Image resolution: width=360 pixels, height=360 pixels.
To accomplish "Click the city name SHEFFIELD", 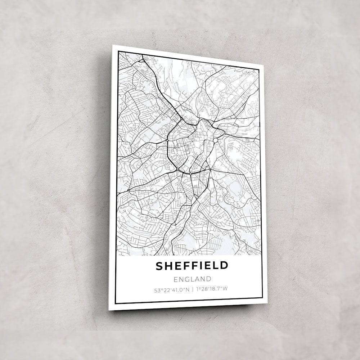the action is [x=192, y=266].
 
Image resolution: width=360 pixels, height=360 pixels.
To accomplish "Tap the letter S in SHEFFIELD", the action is [x=159, y=266].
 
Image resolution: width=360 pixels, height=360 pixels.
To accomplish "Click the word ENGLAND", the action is [x=192, y=279].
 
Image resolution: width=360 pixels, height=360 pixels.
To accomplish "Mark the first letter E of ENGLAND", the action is [x=175, y=279].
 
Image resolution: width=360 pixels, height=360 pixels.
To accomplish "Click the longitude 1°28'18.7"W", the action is [x=212, y=288].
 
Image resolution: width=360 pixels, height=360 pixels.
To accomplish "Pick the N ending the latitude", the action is [x=188, y=288].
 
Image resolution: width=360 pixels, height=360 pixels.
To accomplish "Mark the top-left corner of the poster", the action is [x=112, y=45].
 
